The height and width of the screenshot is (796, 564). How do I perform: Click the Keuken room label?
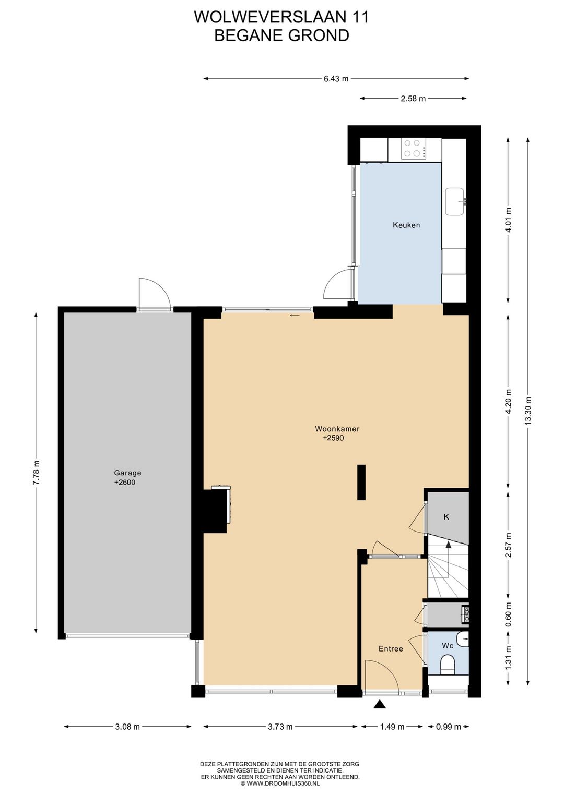pyautogui.click(x=406, y=225)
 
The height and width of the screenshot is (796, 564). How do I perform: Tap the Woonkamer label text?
pyautogui.click(x=337, y=429)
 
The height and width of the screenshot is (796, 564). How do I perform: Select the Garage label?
pyautogui.click(x=127, y=473)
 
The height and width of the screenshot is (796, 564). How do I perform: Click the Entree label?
pyautogui.click(x=391, y=649)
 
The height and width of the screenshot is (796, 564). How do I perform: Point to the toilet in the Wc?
pyautogui.click(x=448, y=664)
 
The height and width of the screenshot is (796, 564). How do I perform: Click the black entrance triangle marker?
pyautogui.click(x=380, y=705)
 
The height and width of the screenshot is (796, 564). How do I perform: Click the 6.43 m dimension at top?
pyautogui.click(x=336, y=79)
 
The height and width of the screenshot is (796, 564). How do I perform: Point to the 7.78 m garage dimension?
pyautogui.click(x=36, y=473)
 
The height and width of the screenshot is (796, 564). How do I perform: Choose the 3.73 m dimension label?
pyautogui.click(x=280, y=727)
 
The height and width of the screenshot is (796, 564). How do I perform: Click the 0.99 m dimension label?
pyautogui.click(x=448, y=727)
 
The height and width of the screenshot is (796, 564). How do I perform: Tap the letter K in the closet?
pyautogui.click(x=446, y=517)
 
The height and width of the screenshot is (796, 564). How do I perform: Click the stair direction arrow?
pyautogui.click(x=448, y=545)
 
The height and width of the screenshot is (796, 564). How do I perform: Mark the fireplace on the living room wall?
pyautogui.click(x=217, y=510)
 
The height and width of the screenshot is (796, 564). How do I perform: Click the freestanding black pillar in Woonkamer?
pyautogui.click(x=361, y=482)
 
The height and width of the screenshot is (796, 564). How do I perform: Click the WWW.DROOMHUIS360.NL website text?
pyautogui.click(x=283, y=783)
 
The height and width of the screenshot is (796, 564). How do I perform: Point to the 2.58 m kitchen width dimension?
pyautogui.click(x=413, y=99)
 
